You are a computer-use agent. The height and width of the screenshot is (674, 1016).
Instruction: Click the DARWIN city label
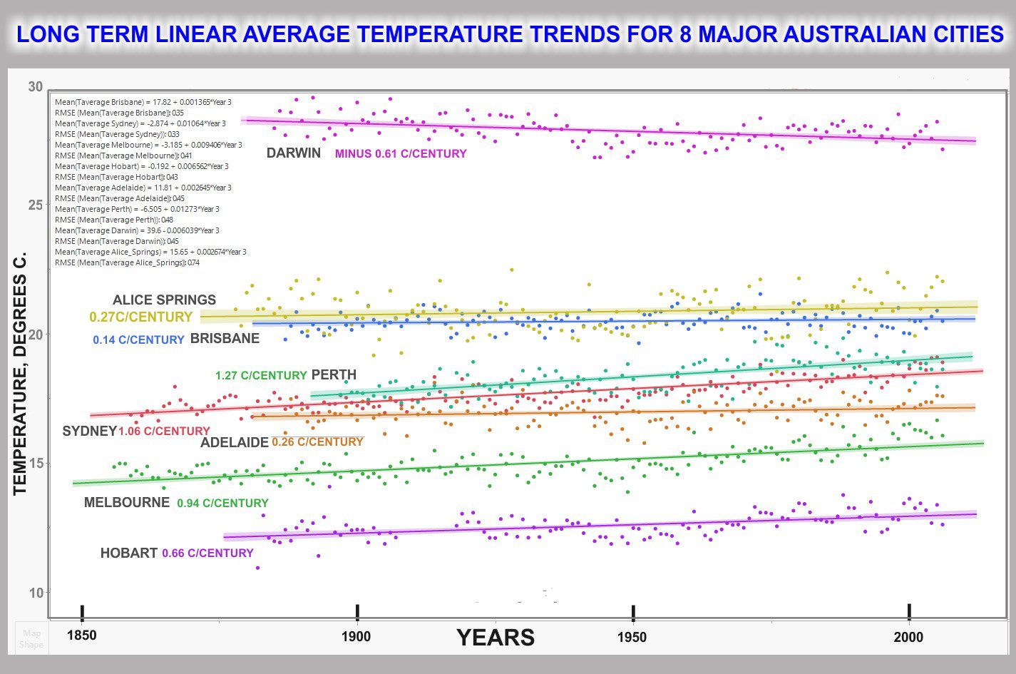point(294,153)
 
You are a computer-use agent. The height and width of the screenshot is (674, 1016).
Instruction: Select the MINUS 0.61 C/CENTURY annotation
point(401,154)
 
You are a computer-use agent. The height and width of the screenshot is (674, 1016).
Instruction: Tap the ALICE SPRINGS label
point(164,300)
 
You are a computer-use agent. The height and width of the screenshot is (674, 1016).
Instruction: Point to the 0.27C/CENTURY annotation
point(141,317)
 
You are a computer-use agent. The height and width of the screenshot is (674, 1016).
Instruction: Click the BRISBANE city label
point(225,338)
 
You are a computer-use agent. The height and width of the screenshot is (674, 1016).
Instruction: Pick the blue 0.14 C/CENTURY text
point(138,339)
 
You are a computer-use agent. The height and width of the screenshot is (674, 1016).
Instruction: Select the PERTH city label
point(334,374)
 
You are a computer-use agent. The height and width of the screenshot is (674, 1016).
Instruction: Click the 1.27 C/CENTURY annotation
point(261,375)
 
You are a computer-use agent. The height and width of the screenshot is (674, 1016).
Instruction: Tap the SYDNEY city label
point(90,431)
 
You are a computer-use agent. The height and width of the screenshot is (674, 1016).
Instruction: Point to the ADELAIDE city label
point(235,442)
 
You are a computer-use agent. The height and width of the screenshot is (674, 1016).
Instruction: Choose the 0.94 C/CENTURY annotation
point(222,503)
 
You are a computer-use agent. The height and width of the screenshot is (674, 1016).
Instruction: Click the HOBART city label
point(129,553)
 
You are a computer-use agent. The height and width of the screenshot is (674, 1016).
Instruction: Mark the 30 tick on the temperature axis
point(36,87)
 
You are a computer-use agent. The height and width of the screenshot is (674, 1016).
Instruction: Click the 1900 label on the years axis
point(356,636)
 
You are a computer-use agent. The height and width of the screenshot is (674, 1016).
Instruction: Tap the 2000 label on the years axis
point(908,637)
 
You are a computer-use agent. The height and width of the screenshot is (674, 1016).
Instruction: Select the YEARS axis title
point(496,637)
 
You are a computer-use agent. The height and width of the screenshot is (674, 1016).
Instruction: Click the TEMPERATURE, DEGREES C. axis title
point(20,374)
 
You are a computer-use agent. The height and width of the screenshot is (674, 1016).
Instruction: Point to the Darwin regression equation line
point(137,230)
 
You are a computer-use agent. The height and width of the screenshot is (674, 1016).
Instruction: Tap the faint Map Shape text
point(31,638)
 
